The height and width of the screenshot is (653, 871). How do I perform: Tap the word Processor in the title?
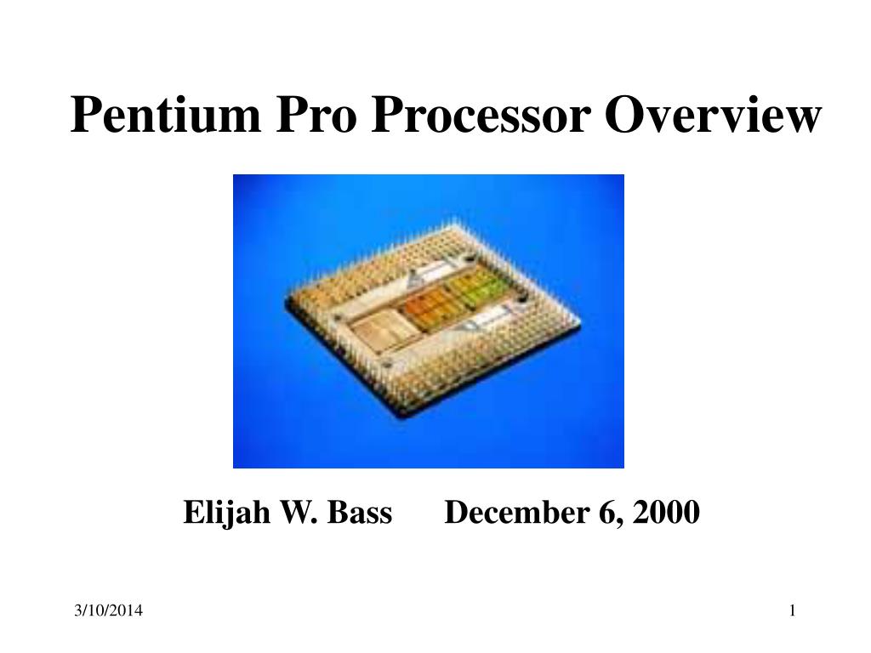point(481,115)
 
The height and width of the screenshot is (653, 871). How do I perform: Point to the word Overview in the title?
point(713,115)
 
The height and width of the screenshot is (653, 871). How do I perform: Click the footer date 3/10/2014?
point(108,610)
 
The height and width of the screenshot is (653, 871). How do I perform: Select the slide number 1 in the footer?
point(792,610)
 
